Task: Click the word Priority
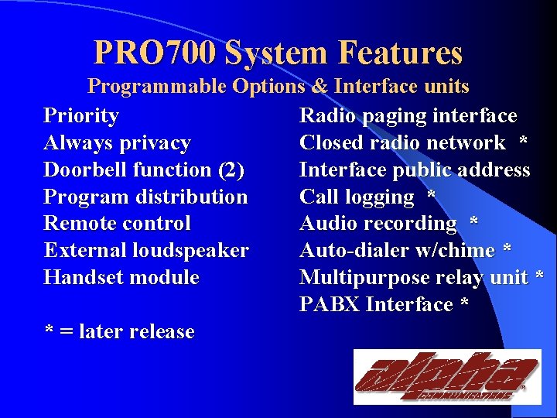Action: tap(81, 116)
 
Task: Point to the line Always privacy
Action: tap(117, 143)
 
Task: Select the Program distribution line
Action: tap(145, 197)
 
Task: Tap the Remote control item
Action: tap(117, 224)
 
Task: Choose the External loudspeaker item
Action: tap(146, 251)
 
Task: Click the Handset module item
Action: tap(121, 277)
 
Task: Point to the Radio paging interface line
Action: tap(408, 116)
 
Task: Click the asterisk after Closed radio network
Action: tap(524, 143)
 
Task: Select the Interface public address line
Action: tap(415, 170)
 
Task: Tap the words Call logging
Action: tap(357, 197)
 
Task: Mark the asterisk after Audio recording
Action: tap(473, 224)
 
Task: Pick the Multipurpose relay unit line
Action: tap(420, 277)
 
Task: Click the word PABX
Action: tap(330, 304)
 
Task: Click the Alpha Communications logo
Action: tap(446, 377)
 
